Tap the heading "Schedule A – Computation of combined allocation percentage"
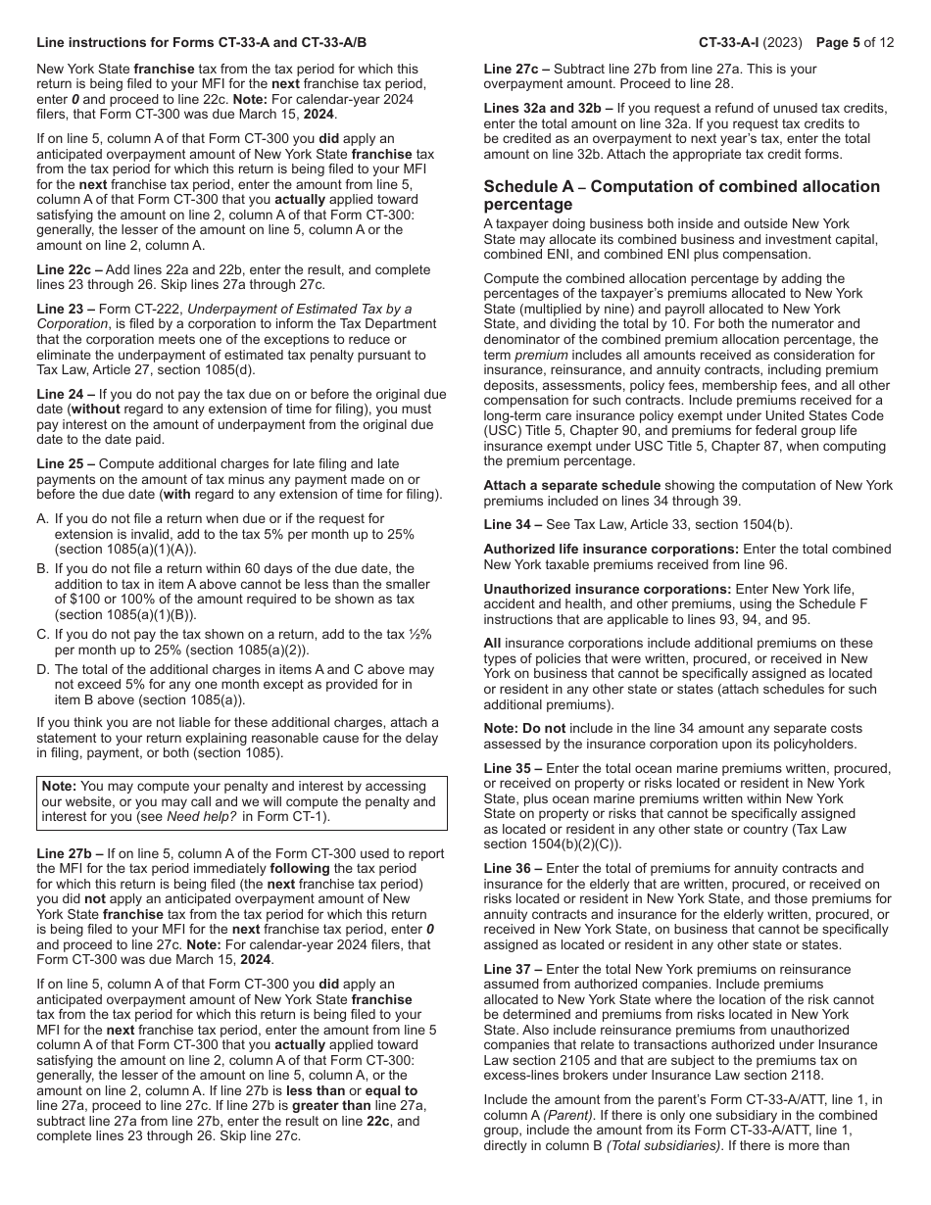tap(681, 195)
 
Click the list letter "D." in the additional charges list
tap(43, 669)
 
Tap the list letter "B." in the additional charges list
tap(43, 568)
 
